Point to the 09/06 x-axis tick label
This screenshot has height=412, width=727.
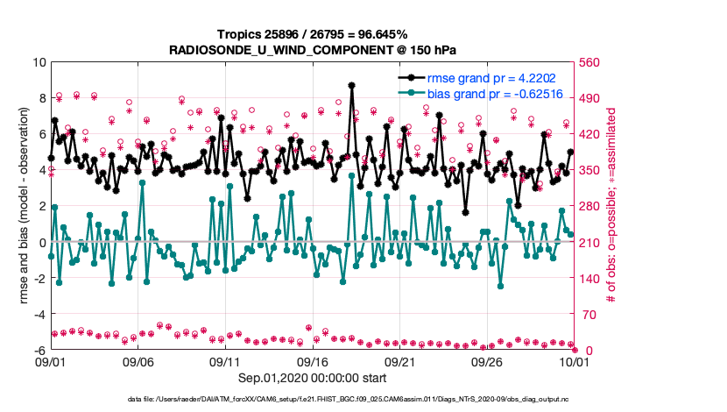(138, 361)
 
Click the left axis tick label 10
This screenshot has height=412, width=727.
(39, 62)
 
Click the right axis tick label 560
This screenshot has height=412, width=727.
(590, 62)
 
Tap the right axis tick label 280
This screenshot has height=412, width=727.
(590, 206)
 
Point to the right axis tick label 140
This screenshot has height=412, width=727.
(590, 278)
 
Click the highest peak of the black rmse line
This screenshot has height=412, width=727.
(351, 85)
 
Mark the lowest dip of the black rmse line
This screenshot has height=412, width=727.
(466, 212)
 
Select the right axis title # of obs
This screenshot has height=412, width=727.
(612, 206)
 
